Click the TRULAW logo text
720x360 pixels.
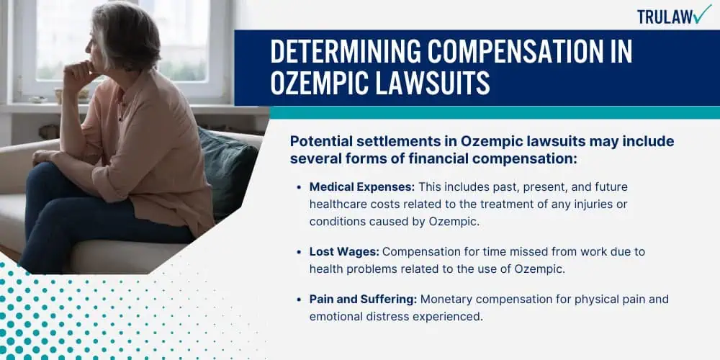click(665, 17)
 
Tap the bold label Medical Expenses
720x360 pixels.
click(362, 187)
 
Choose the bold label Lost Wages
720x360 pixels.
click(344, 252)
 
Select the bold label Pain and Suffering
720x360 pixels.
click(363, 300)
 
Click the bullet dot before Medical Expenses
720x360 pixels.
click(300, 188)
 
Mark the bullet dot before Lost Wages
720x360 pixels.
click(300, 253)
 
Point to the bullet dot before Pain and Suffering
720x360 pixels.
click(300, 300)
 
